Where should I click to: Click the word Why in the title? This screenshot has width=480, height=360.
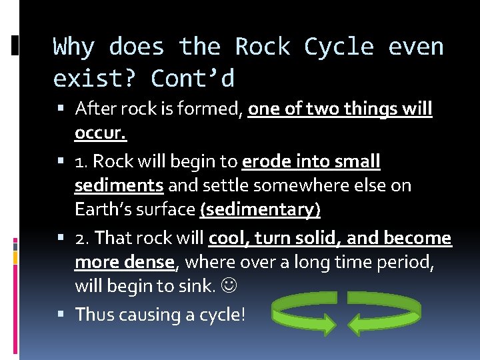[74, 47]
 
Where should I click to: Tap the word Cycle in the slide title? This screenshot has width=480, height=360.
[339, 47]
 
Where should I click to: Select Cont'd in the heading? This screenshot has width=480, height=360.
[193, 79]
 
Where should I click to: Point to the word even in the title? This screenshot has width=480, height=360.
[417, 47]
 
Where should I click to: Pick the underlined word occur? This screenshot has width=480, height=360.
[101, 133]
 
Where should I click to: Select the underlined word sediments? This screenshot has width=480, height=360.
[119, 185]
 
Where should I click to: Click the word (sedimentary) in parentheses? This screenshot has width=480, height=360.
[260, 209]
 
